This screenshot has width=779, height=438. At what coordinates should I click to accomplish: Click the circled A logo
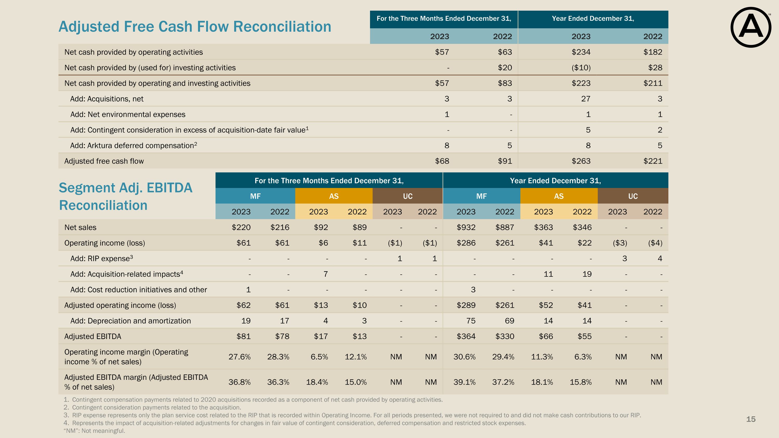[751, 28]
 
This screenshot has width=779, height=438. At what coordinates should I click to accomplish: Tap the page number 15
[751, 419]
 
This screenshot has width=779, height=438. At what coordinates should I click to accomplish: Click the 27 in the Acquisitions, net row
[586, 99]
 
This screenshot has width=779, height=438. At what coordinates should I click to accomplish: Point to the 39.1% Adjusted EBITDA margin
[464, 382]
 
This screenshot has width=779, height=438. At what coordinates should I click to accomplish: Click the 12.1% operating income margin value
[356, 357]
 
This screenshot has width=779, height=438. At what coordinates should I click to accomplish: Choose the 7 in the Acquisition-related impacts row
[325, 274]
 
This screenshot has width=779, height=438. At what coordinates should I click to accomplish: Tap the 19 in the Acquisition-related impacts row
[587, 274]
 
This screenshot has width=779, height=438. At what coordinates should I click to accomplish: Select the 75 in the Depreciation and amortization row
[471, 321]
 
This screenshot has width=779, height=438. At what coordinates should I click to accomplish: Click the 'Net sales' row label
[80, 227]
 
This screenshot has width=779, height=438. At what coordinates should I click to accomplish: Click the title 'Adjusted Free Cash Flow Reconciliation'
[195, 26]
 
